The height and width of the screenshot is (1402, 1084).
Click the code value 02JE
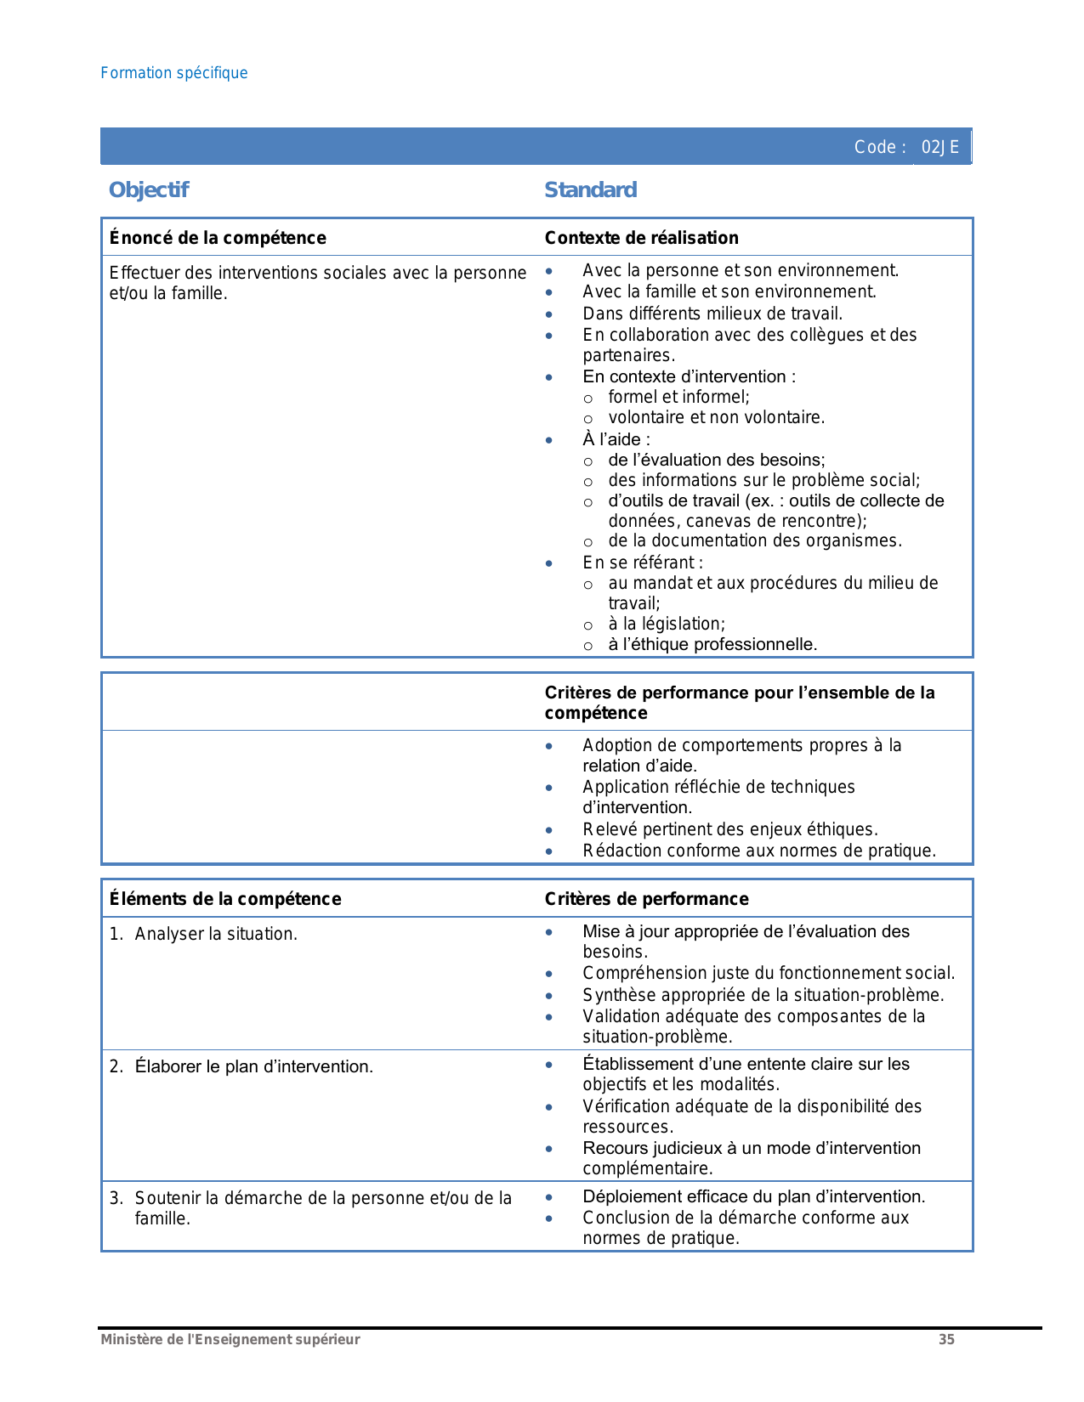939,147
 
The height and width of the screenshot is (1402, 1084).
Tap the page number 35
946,1340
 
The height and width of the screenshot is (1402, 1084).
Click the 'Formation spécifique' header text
174,73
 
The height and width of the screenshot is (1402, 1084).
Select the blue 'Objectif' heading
149,190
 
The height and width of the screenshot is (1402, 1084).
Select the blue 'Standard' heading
590,190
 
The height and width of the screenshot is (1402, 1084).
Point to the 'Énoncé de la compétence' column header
218,238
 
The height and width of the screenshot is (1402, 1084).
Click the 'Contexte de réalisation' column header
641,238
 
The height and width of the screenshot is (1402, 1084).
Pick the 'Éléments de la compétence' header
225,899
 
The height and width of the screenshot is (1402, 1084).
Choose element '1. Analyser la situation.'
215,934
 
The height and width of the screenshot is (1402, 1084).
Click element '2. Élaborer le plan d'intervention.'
253,1066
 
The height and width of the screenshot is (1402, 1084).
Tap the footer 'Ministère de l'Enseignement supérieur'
230,1340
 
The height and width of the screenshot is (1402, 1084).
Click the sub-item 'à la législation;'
666,624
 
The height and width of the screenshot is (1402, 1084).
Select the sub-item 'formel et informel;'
678,397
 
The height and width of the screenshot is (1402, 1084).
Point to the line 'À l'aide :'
616,439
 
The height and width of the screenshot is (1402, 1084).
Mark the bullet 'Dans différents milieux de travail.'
712,314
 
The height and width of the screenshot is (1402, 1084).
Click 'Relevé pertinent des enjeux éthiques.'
729,829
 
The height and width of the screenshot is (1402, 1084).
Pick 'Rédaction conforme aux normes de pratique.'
759,851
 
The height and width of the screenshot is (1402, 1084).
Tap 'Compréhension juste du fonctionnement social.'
769,973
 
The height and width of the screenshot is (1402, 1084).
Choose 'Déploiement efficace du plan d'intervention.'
753,1196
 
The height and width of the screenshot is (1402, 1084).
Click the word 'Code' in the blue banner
875,147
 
